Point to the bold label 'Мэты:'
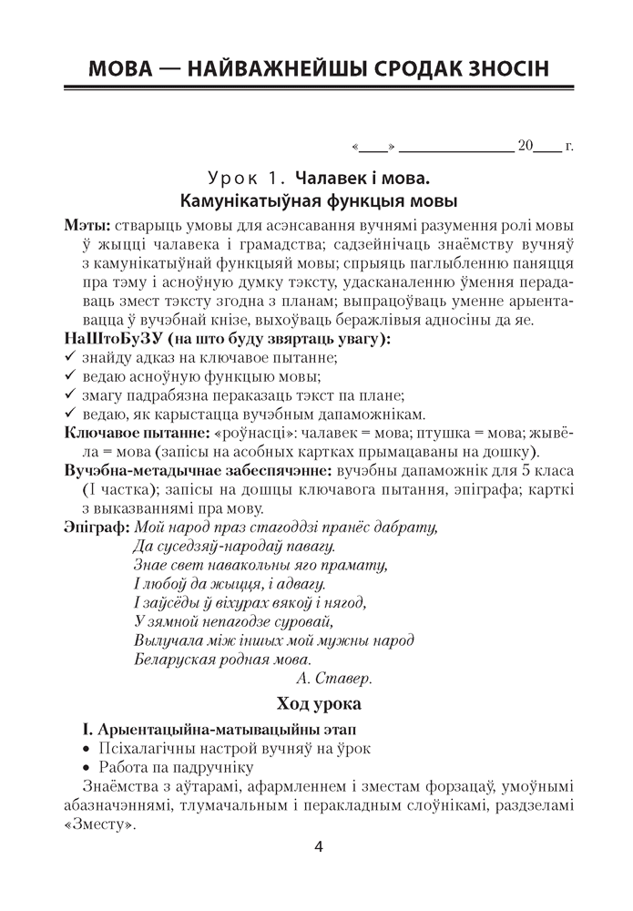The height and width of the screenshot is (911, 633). [x=87, y=225]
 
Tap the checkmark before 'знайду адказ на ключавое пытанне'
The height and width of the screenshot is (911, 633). [x=70, y=358]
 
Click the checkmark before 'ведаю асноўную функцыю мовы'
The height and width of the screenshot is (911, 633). [x=70, y=377]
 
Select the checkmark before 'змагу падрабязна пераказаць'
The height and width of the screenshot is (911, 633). [x=70, y=395]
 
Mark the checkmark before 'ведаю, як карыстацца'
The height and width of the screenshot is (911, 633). [x=70, y=415]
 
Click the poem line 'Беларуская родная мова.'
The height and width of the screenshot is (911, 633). [x=222, y=660]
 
